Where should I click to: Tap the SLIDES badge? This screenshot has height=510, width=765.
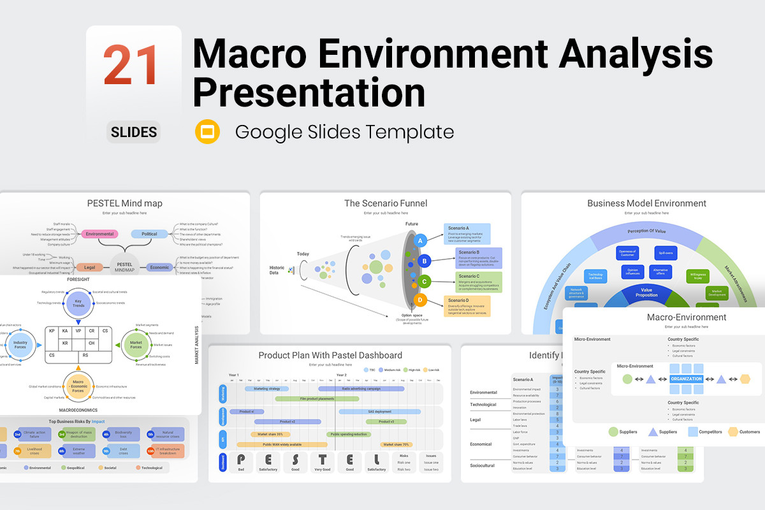tap(134, 132)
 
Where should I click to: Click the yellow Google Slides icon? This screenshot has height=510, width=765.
tap(208, 131)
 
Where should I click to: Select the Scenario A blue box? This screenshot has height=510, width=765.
tap(467, 233)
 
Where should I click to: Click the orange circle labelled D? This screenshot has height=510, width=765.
tap(420, 300)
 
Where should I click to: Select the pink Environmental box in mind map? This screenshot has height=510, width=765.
tap(101, 234)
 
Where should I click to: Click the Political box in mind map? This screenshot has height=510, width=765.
tap(149, 234)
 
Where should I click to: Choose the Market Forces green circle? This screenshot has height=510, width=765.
tap(136, 344)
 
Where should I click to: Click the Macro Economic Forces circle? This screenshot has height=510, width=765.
tap(78, 386)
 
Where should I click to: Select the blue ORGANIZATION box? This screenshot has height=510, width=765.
tap(686, 379)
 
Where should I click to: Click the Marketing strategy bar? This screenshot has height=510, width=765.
tap(266, 388)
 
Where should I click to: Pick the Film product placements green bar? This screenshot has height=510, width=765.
tap(317, 398)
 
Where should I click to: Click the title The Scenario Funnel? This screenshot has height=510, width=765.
tap(386, 203)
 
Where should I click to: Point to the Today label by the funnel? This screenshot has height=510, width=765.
tap(303, 254)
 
